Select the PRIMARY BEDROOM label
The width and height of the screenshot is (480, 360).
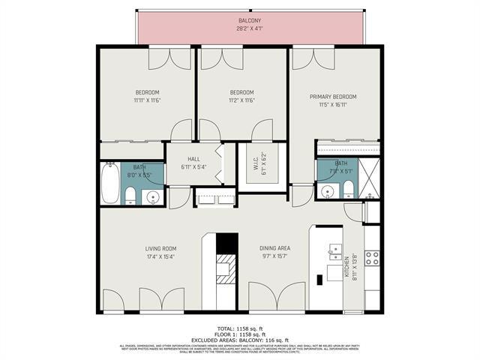point(333,97)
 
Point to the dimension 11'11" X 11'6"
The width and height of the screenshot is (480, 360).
point(148,100)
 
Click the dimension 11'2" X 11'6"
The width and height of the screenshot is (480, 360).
point(241,100)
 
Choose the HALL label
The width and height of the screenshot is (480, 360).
point(193,159)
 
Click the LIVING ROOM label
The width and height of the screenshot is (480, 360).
point(160,248)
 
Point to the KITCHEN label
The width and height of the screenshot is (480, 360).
point(347,265)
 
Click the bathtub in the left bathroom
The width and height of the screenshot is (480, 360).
point(110,184)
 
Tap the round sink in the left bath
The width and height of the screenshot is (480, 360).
point(153,198)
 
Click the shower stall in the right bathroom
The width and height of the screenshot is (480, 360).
point(367,180)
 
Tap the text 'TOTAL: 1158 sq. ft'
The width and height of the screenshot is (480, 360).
point(239,328)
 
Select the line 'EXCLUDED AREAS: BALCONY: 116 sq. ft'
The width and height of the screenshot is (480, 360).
point(239,340)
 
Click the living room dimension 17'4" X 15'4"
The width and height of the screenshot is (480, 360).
point(160,257)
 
